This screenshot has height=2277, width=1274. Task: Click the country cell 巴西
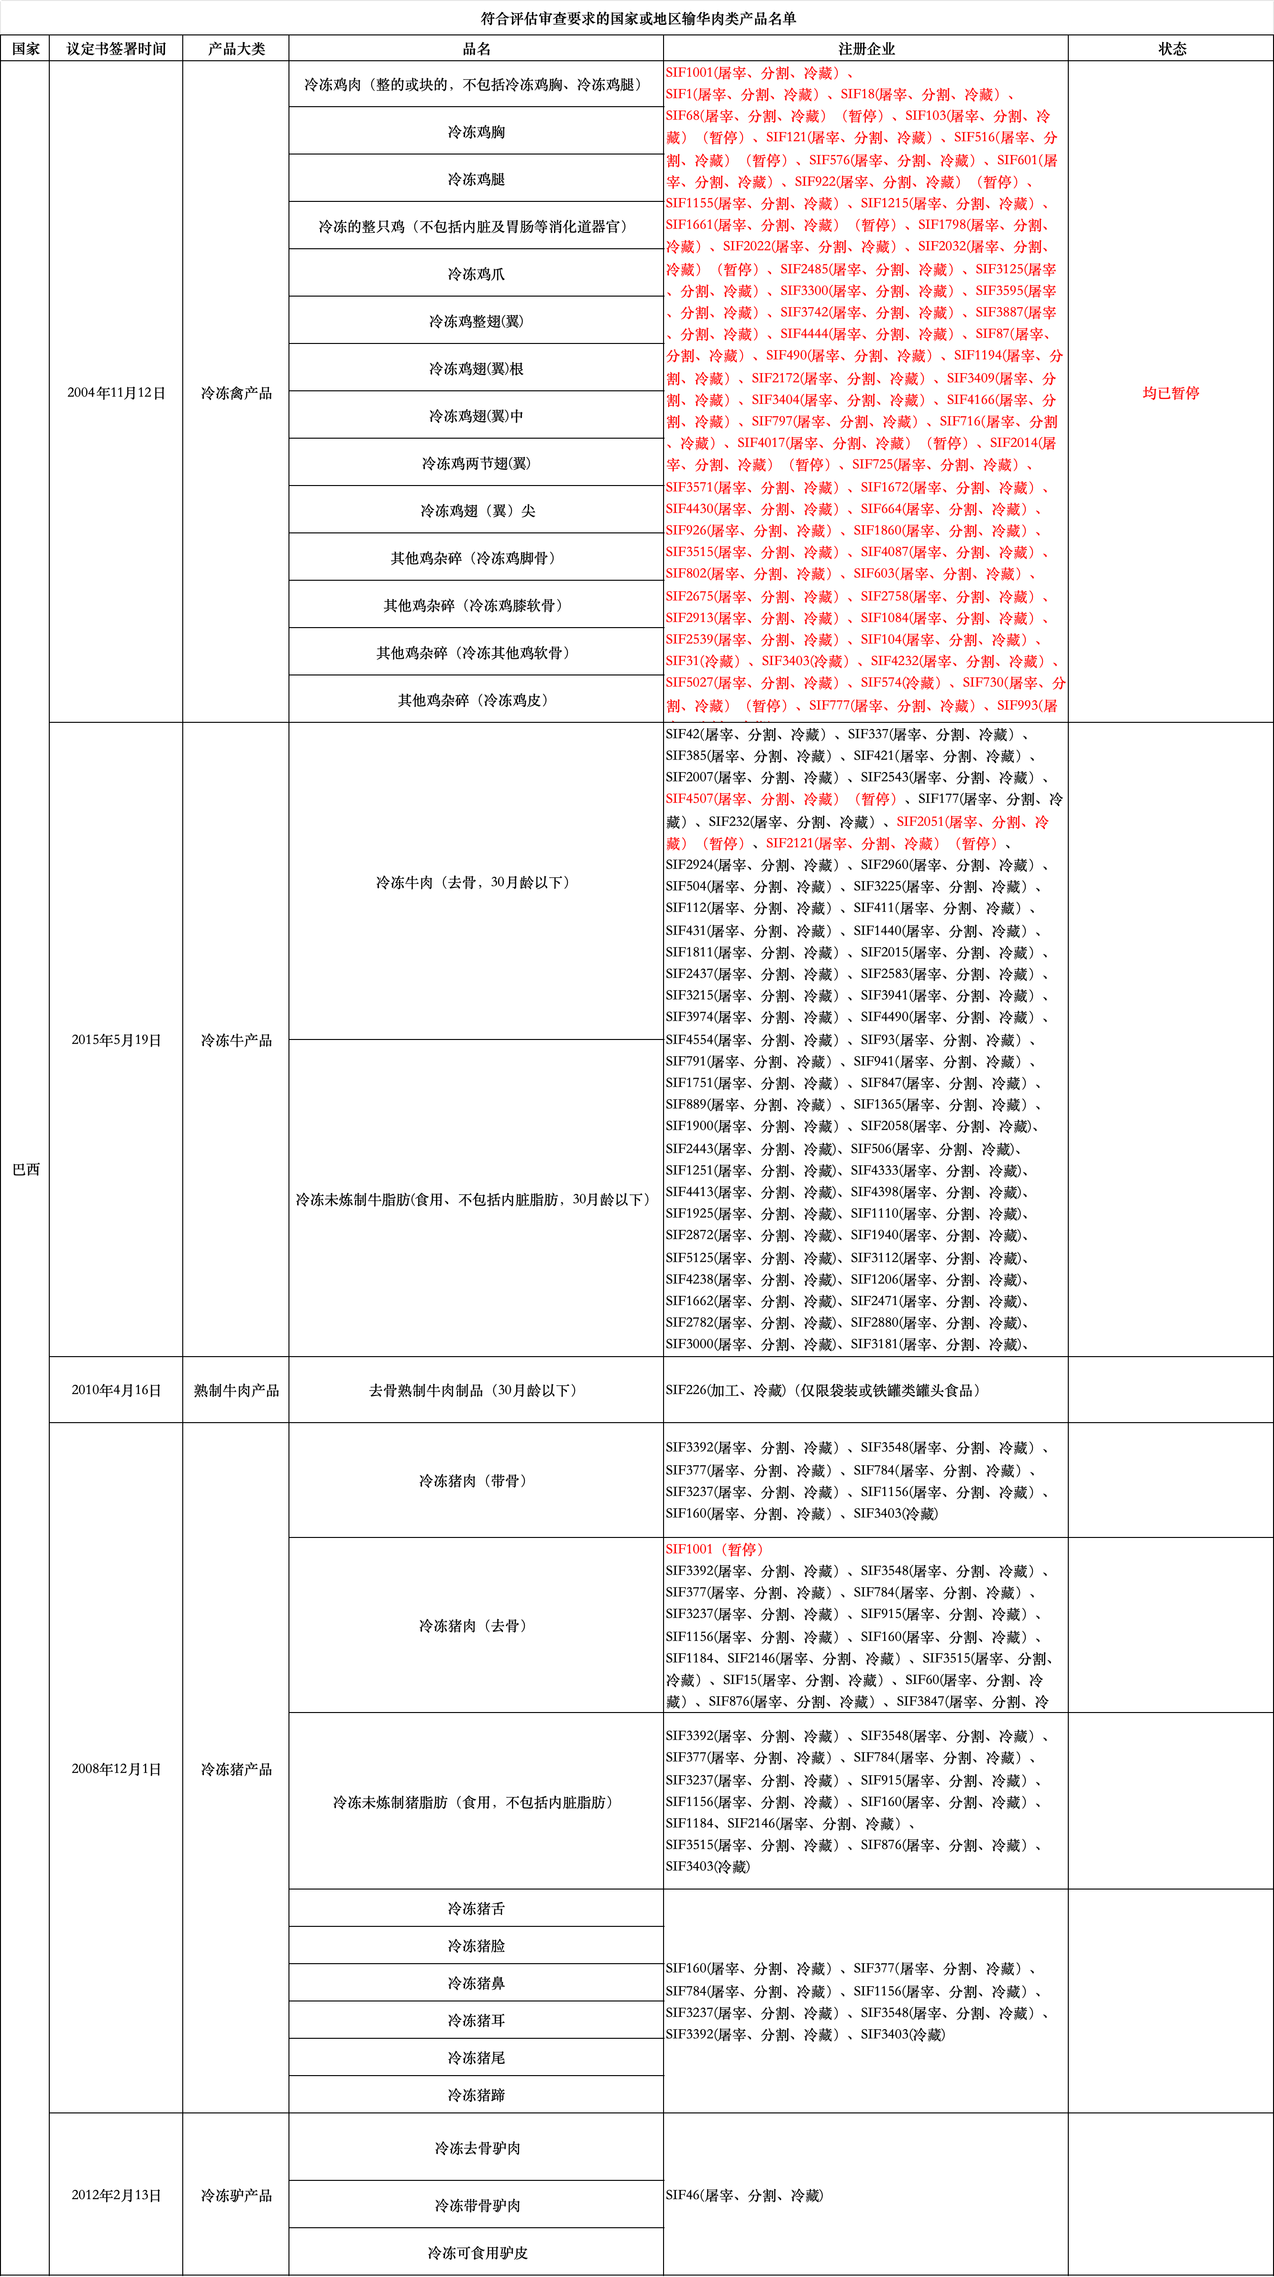(26, 1169)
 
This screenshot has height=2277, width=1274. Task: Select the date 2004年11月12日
(116, 392)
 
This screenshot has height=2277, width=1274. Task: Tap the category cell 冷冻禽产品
(236, 392)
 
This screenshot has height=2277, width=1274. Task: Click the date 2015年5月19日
(116, 1039)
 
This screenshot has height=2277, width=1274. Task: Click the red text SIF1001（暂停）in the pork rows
(714, 1548)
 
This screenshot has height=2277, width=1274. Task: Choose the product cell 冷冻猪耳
(476, 2020)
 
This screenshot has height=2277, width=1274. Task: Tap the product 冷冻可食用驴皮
(477, 2252)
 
